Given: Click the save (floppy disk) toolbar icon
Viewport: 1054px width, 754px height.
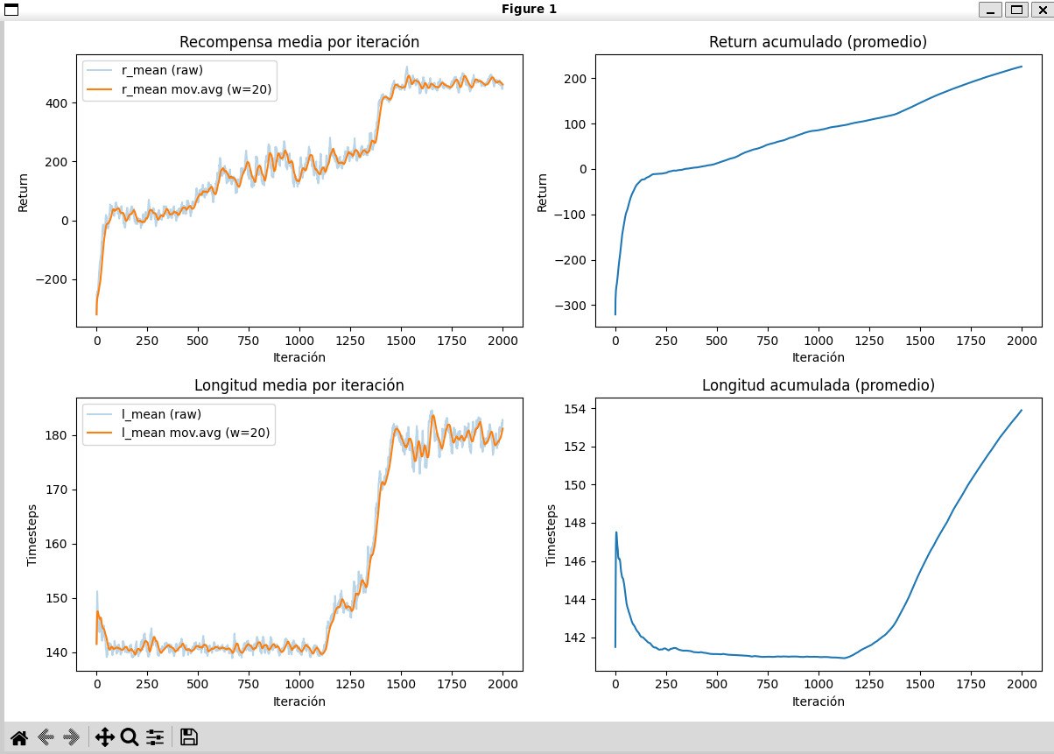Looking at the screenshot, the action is coord(189,737).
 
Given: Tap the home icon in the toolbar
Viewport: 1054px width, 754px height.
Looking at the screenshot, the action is coord(19,737).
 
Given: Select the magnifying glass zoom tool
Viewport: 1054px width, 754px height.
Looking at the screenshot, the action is coord(130,737).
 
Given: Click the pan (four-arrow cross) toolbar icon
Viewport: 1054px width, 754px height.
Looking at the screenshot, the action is coord(104,737).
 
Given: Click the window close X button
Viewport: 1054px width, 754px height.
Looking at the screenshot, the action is coord(1043,10).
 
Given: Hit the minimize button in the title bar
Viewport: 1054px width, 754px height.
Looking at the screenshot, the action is coord(990,10).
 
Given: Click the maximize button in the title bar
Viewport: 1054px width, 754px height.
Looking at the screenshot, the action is coord(1016,10).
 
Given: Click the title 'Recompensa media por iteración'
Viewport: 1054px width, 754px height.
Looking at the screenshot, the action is coord(299,42).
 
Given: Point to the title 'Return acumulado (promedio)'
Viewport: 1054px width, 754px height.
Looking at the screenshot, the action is coord(818,42).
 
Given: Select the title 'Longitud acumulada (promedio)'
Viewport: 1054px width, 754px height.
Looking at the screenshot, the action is coord(819,385).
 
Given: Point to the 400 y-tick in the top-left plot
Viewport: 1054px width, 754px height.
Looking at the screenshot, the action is coord(56,103).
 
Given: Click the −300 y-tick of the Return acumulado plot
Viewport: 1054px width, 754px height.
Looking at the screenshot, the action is coord(570,306).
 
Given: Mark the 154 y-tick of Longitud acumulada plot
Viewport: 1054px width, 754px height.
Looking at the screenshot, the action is coord(575,409).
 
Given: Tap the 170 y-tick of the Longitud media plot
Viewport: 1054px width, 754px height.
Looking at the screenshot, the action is coord(56,490).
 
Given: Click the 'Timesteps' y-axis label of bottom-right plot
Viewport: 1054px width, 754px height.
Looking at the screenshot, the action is coord(551,535).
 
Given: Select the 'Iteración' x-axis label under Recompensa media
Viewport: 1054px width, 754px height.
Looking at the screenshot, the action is coord(299,357).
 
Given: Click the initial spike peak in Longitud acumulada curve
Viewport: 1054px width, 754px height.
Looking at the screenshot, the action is coord(616,532).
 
